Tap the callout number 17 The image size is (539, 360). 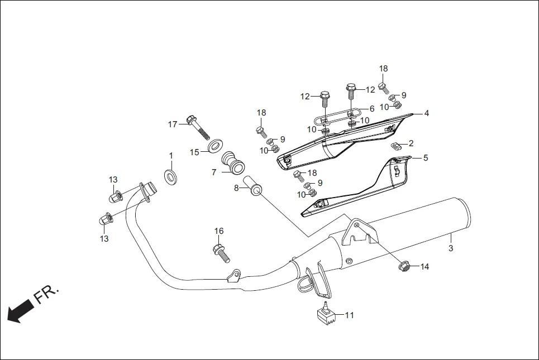tap(173, 124)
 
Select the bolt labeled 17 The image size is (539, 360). tap(198, 128)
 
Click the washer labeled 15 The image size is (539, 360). tap(213, 148)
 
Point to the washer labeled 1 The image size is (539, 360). tap(170, 177)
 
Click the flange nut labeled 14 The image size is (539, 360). tap(404, 267)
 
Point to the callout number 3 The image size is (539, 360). tap(451, 248)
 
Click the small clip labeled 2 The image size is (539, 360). tap(395, 146)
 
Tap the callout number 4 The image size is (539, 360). tap(426, 113)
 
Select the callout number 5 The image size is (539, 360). tap(426, 158)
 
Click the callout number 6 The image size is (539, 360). tap(372, 109)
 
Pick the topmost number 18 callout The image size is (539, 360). tap(383, 69)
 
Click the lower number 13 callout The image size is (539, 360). tap(104, 238)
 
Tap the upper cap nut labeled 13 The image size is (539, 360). tap(116, 196)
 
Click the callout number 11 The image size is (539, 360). tap(349, 315)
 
